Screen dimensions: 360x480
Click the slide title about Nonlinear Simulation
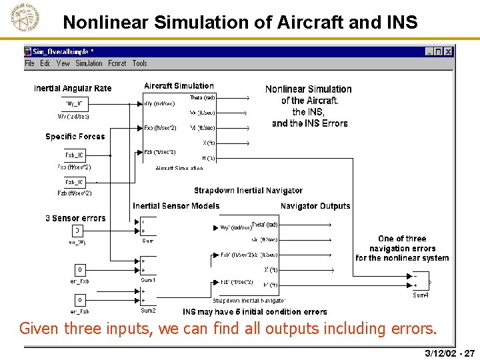point(240,23)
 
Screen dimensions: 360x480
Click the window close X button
point(448,51)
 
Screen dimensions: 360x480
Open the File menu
point(30,63)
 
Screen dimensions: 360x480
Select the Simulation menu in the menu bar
point(89,63)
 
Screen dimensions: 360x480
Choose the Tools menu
point(139,63)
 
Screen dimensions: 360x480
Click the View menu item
point(63,63)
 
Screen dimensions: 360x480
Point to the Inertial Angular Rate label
point(73,89)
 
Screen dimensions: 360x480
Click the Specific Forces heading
point(75,137)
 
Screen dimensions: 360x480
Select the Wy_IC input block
point(75,103)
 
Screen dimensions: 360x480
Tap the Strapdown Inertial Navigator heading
point(248,191)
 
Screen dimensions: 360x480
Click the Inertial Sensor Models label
point(176,206)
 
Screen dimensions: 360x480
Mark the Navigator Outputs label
point(315,206)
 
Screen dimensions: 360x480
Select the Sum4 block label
point(421,295)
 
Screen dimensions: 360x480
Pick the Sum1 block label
point(148,281)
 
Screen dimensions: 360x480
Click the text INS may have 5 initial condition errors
point(255,311)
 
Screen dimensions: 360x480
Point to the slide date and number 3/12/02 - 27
point(449,353)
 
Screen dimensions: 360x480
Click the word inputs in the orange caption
point(141,329)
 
